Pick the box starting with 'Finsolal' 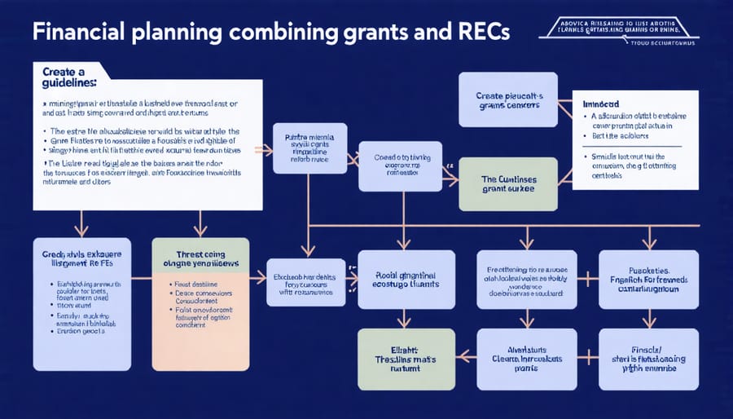[649, 359]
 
